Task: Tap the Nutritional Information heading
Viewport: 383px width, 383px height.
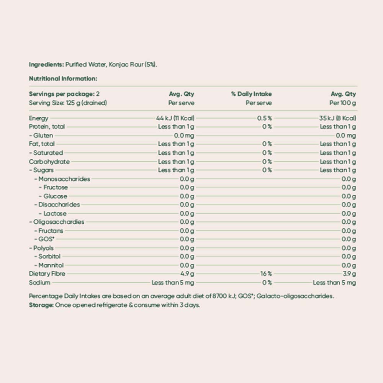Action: click(x=63, y=79)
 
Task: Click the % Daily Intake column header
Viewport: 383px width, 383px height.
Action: click(x=251, y=94)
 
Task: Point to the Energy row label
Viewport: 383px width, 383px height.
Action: click(x=39, y=118)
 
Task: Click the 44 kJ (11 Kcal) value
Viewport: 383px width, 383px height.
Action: click(x=175, y=118)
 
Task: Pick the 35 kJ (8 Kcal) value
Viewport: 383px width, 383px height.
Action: click(x=337, y=118)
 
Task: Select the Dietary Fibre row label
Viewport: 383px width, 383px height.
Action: click(x=47, y=274)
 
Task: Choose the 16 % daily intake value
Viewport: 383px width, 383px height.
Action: click(x=266, y=274)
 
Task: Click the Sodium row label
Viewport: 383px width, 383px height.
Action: click(x=39, y=283)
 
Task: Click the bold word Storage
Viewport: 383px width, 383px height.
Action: click(x=41, y=305)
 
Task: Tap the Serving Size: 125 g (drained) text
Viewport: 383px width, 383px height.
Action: click(x=68, y=103)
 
